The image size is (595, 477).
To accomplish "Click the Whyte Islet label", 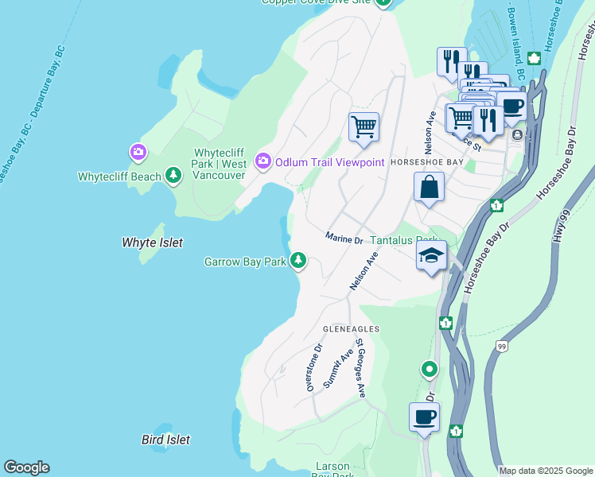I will coord(152,242).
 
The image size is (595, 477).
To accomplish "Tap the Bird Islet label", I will coord(165,440).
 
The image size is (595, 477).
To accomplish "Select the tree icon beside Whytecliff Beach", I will coord(173,176).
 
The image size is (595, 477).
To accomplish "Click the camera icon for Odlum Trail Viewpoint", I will coord(262,162).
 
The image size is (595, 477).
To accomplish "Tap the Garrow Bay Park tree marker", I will coord(298,260).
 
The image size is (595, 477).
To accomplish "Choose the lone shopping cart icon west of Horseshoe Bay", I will coord(364,126).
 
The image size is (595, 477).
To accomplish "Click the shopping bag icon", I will coord(429,188).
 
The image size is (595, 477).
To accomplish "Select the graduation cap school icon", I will coord(431,256).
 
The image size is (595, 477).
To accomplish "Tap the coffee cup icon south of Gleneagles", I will coord(424,417).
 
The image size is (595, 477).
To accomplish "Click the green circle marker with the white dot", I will coord(430,369).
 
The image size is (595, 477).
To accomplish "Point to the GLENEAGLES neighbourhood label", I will coord(351,328).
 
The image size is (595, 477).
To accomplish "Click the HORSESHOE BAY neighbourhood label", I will coord(426,161).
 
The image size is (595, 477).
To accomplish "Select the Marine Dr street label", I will coord(344,238).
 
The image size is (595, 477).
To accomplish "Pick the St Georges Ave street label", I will coord(360,368).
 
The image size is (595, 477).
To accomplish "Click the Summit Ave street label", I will coord(340,370).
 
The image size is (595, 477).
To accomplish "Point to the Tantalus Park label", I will coord(405,240).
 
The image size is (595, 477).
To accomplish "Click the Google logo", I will coord(26,467).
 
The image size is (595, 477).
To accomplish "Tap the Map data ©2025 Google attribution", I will coord(546,471).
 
